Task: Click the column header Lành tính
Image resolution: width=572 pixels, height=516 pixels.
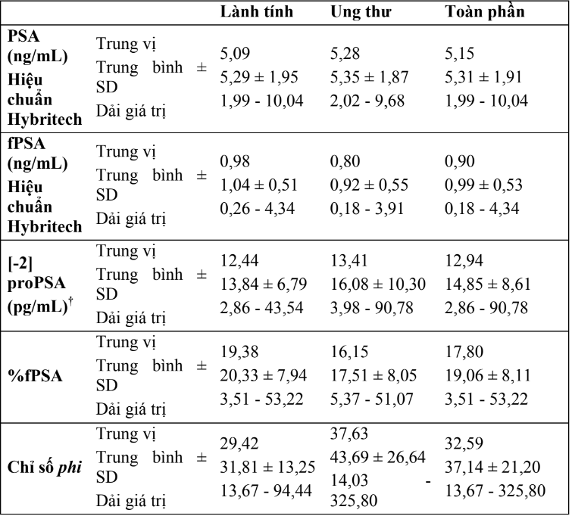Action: click(256, 14)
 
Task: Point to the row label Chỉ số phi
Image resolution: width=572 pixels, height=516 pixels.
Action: click(44, 465)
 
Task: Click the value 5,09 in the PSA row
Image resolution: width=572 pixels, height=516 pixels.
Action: click(235, 55)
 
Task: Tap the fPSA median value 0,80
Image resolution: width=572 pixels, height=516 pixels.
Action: click(346, 161)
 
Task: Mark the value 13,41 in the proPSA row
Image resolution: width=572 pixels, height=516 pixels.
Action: click(349, 261)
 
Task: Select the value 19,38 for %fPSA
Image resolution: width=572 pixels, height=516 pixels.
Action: click(238, 352)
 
